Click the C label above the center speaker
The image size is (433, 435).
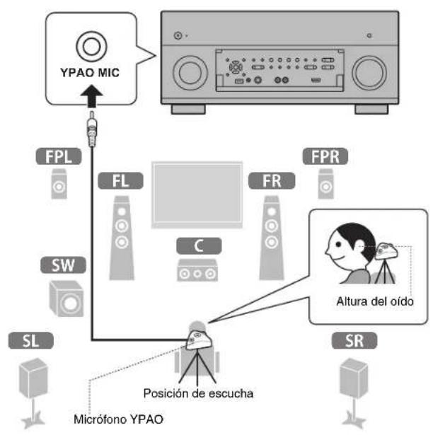pos(197,247)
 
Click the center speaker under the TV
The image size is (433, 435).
pos(197,271)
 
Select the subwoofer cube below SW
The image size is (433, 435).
pos(66,297)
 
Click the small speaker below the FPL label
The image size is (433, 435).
pos(60,186)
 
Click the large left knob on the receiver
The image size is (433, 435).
pos(189,71)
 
